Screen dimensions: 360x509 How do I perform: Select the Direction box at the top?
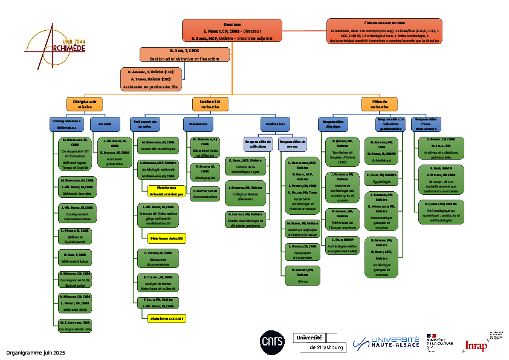point(232,31)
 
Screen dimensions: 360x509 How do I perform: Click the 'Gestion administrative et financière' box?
point(185,54)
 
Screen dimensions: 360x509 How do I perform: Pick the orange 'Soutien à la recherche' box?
point(210,104)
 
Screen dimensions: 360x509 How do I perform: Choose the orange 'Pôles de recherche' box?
point(380,104)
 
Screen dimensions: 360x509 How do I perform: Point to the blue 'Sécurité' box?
point(105,124)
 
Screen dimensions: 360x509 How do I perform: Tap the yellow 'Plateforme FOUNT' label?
point(167,318)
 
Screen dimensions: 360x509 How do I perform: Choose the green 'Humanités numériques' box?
point(157,145)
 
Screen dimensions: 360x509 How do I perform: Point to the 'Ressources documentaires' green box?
point(157,259)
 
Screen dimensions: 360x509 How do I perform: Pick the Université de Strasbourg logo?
point(319,342)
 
